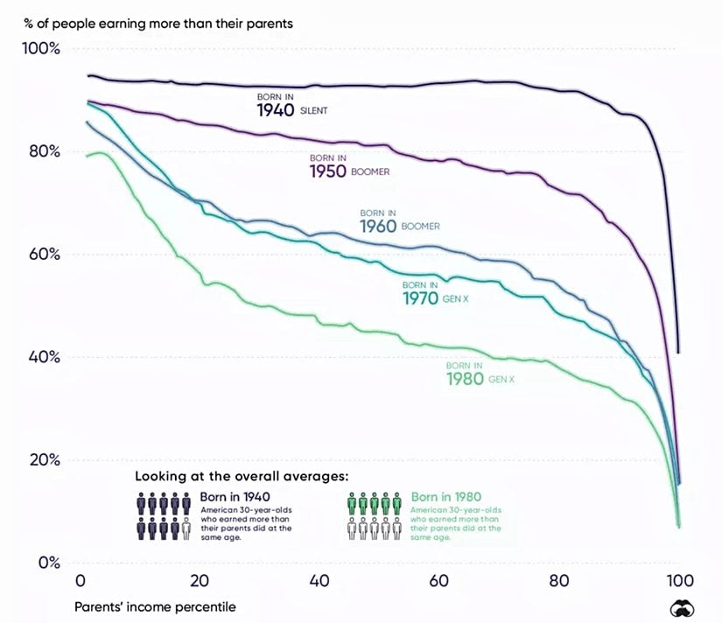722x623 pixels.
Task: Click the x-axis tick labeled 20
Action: point(200,582)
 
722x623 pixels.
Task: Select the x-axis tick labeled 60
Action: point(439,582)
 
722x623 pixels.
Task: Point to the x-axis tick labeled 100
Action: point(679,582)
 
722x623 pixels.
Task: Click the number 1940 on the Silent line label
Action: point(275,111)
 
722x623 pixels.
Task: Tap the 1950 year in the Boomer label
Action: point(327,171)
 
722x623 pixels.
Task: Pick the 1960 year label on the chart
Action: point(378,227)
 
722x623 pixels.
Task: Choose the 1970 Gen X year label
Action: point(420,299)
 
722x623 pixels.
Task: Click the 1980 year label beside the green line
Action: point(464,379)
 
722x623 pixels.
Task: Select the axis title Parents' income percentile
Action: point(154,605)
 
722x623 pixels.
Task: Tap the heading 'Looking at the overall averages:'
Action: point(242,477)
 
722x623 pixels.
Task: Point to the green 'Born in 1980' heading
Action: point(446,496)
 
